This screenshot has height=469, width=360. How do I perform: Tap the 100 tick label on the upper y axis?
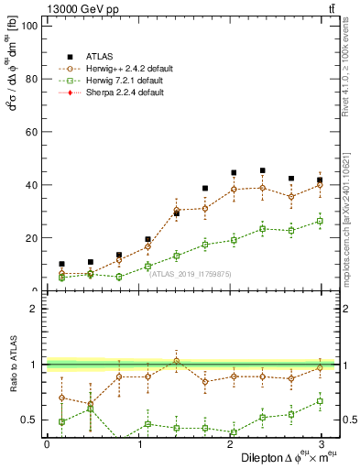(27, 26)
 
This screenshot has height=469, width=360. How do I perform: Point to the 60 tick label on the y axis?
(29, 132)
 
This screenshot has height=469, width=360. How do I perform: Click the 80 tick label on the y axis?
(29, 79)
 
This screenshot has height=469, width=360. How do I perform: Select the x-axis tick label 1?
(138, 443)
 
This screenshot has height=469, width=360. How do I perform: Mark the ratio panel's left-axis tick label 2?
(33, 309)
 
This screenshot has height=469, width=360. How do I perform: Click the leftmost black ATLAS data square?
(61, 264)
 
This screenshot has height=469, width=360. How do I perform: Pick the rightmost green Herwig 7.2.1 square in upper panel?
(320, 221)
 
